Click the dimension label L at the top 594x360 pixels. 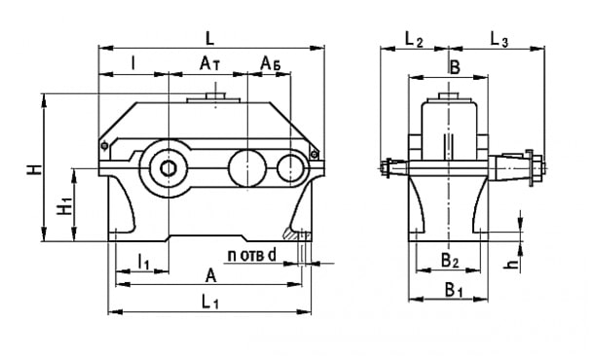point(209,39)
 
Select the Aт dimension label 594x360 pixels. point(210,64)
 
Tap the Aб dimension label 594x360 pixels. point(271,64)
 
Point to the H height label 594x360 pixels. point(34,169)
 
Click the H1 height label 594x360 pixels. point(65,204)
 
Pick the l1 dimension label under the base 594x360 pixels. point(143,262)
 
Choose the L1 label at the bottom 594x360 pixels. point(210,303)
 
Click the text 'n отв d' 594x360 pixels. point(252,256)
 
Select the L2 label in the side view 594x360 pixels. point(414,39)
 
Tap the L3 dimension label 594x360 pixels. point(499,39)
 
